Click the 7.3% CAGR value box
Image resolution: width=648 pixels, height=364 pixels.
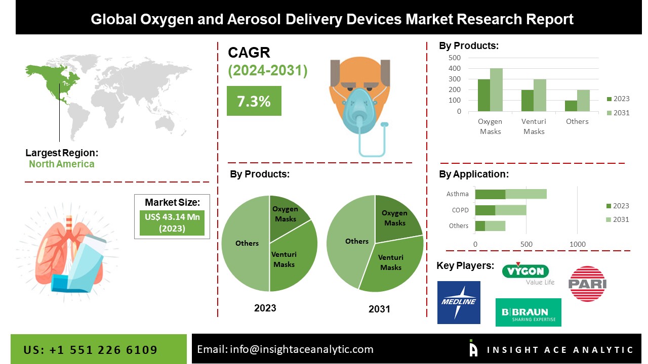pos(254,101)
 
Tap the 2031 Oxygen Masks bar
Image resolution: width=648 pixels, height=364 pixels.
pos(496,90)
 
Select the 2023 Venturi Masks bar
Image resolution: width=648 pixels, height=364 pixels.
pos(528,101)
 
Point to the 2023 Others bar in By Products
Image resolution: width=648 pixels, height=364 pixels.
pos(571,106)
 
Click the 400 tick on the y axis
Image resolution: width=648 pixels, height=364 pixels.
pos(455,68)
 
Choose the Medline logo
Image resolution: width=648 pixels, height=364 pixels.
pos(459,302)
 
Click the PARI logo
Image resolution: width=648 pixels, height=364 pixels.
pos(587,284)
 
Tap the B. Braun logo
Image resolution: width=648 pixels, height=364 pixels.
pos(528,312)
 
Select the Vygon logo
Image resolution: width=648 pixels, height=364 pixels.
pos(528,274)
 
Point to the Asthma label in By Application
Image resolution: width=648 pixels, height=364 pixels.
pos(457,194)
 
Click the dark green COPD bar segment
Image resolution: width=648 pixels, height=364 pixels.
pos(485,210)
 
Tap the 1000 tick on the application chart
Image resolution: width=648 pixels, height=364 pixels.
pos(578,244)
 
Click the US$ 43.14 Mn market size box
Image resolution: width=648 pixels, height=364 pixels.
pos(172,223)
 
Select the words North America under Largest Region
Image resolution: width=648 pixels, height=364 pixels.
pos(62,164)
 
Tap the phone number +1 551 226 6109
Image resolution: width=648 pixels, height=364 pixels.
pos(103,350)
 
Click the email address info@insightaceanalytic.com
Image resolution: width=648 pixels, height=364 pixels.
pos(301,349)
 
